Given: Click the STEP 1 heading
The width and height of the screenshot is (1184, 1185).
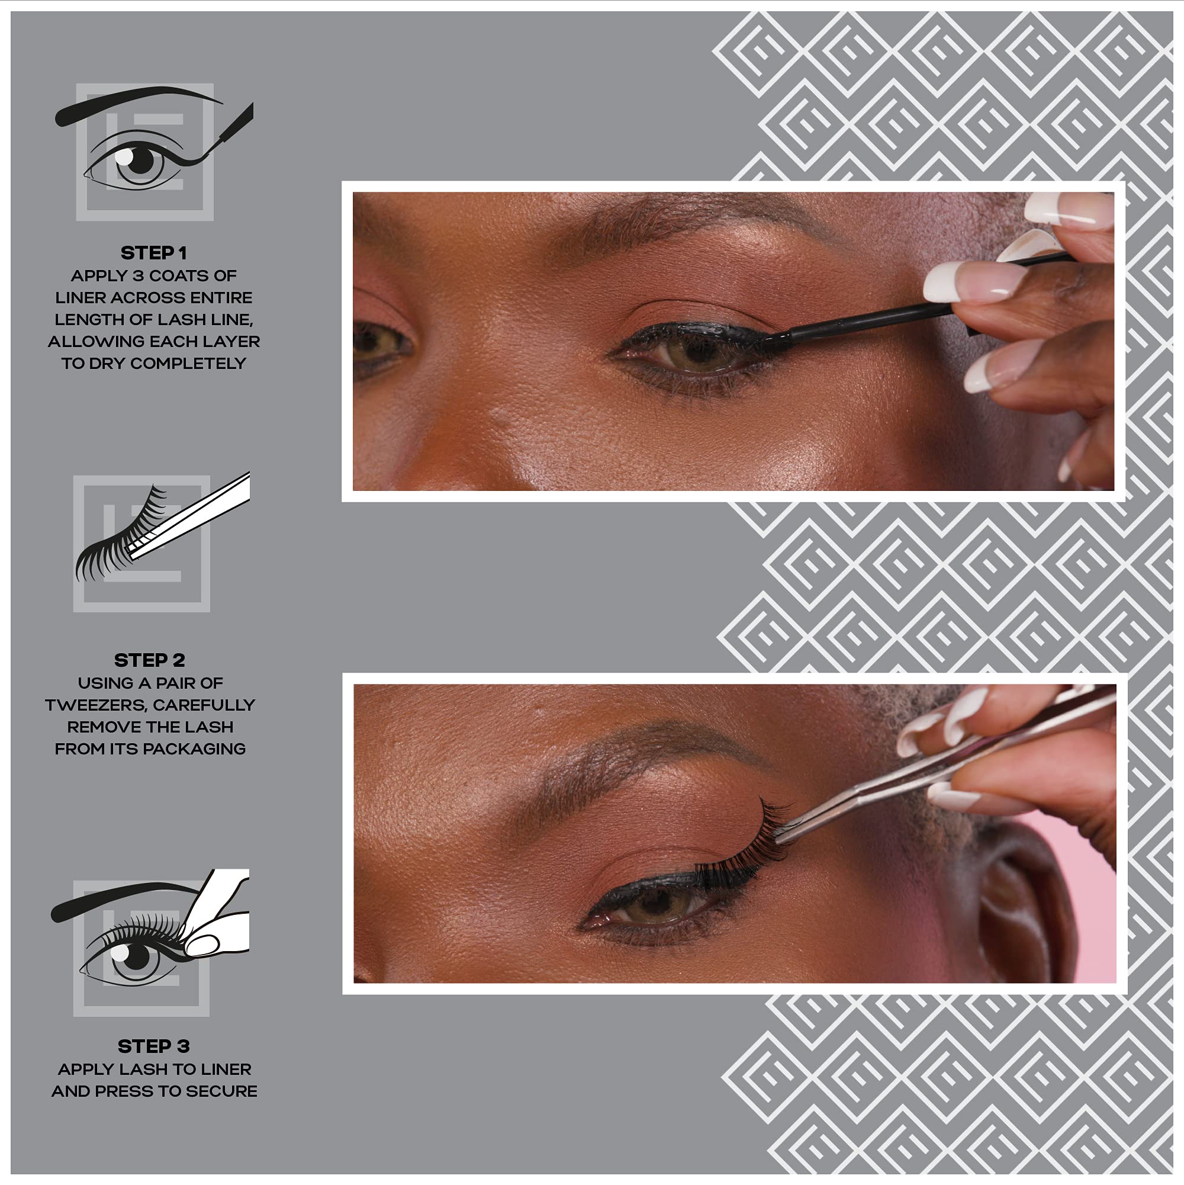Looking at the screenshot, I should point(153,253).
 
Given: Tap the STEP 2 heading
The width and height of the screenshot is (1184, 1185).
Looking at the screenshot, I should point(149,660).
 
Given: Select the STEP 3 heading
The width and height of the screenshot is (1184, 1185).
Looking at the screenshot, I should point(153,1046).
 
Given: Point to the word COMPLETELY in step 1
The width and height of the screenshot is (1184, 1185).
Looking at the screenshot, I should point(188,363).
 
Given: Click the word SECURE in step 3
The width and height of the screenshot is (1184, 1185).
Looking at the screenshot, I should point(222,1091).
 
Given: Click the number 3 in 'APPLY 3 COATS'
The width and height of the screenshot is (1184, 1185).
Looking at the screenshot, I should point(137,275).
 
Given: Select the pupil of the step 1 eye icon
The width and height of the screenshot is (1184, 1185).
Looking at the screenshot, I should point(141,161).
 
